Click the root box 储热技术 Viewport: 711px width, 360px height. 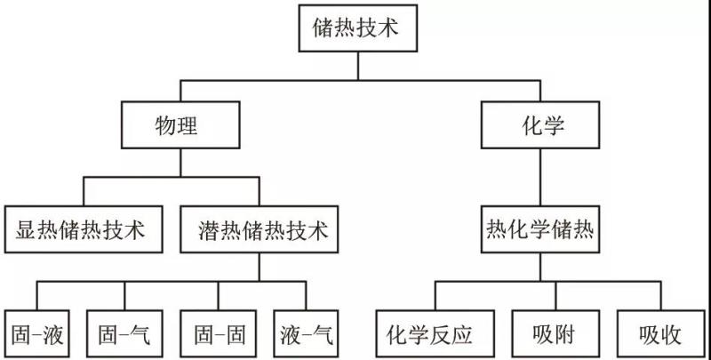click(357, 28)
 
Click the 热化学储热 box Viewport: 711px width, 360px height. click(539, 231)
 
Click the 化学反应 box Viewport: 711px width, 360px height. click(427, 334)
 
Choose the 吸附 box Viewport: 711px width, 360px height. click(556, 334)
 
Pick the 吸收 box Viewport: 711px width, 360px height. click(659, 334)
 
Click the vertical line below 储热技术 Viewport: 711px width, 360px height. click(357, 64)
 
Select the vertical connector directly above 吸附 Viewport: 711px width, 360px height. click(556, 296)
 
